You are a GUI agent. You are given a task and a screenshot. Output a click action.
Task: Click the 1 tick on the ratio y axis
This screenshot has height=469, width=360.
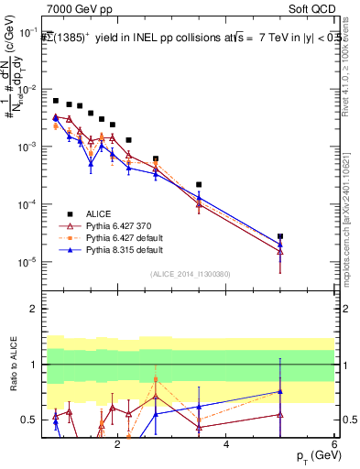37,365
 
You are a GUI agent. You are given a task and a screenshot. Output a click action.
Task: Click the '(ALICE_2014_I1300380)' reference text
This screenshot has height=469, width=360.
190,273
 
